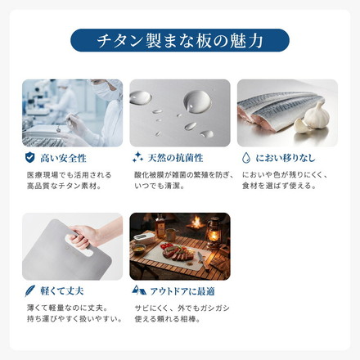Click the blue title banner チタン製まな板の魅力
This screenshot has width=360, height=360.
click(180, 40)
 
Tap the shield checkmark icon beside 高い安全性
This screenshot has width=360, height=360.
click(30, 158)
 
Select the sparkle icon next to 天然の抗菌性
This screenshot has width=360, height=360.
click(137, 157)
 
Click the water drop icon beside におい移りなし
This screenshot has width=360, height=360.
click(246, 158)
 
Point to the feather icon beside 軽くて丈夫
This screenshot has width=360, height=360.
click(29, 291)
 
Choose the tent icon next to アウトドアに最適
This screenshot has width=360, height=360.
click(139, 290)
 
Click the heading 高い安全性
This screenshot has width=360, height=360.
click(63, 158)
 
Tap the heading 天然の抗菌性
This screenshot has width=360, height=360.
click(175, 158)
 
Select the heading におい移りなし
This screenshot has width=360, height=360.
click(285, 158)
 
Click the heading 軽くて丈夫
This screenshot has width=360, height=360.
click(62, 291)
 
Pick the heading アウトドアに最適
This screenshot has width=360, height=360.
click(182, 291)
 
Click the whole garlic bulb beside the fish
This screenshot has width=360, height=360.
click(317, 115)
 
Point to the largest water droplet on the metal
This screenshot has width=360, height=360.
click(197, 101)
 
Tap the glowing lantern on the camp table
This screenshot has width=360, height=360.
click(213, 232)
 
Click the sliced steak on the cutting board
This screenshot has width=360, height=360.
click(178, 254)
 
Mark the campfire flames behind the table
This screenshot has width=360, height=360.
click(196, 223)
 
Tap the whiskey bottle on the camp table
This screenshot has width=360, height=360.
click(160, 226)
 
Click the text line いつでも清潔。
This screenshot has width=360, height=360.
click(160, 186)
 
